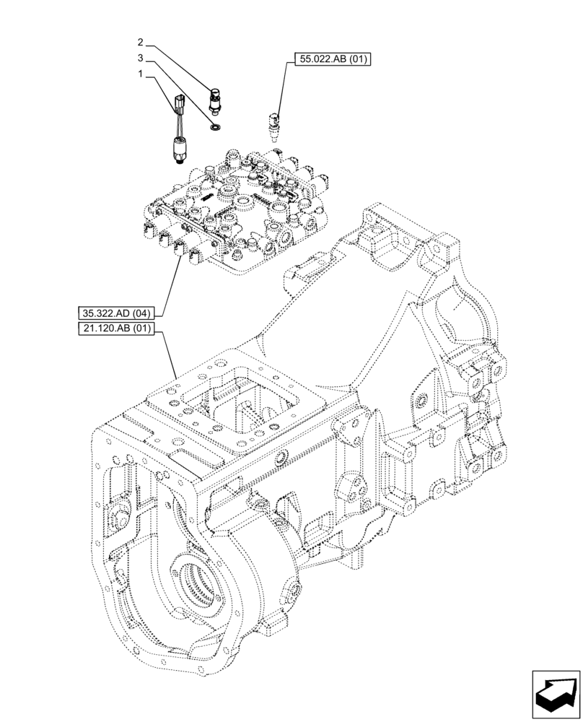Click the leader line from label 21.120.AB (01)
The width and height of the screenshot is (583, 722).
pyautogui.click(x=169, y=354)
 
